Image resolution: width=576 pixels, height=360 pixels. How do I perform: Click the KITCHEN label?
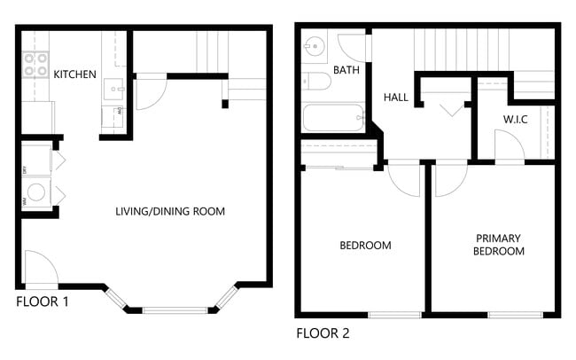(75, 74)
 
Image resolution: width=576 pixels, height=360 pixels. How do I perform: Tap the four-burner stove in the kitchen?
(35, 64)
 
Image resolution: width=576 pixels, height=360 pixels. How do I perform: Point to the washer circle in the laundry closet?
(37, 192)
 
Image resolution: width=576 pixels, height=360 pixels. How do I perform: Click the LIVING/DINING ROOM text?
(170, 211)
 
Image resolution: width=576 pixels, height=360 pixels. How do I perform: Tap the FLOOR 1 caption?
(43, 301)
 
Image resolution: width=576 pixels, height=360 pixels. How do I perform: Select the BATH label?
(346, 70)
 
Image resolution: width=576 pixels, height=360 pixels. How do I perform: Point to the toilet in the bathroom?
(317, 82)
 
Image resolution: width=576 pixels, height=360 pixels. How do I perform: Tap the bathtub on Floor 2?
(333, 117)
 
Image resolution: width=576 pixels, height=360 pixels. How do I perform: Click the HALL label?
(396, 97)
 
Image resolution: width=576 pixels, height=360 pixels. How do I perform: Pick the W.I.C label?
(515, 119)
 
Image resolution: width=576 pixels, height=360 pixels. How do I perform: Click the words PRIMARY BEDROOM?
(498, 245)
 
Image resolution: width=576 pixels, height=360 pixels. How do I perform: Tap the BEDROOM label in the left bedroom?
(366, 246)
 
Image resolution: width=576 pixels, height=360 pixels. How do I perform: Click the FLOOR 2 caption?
(323, 334)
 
